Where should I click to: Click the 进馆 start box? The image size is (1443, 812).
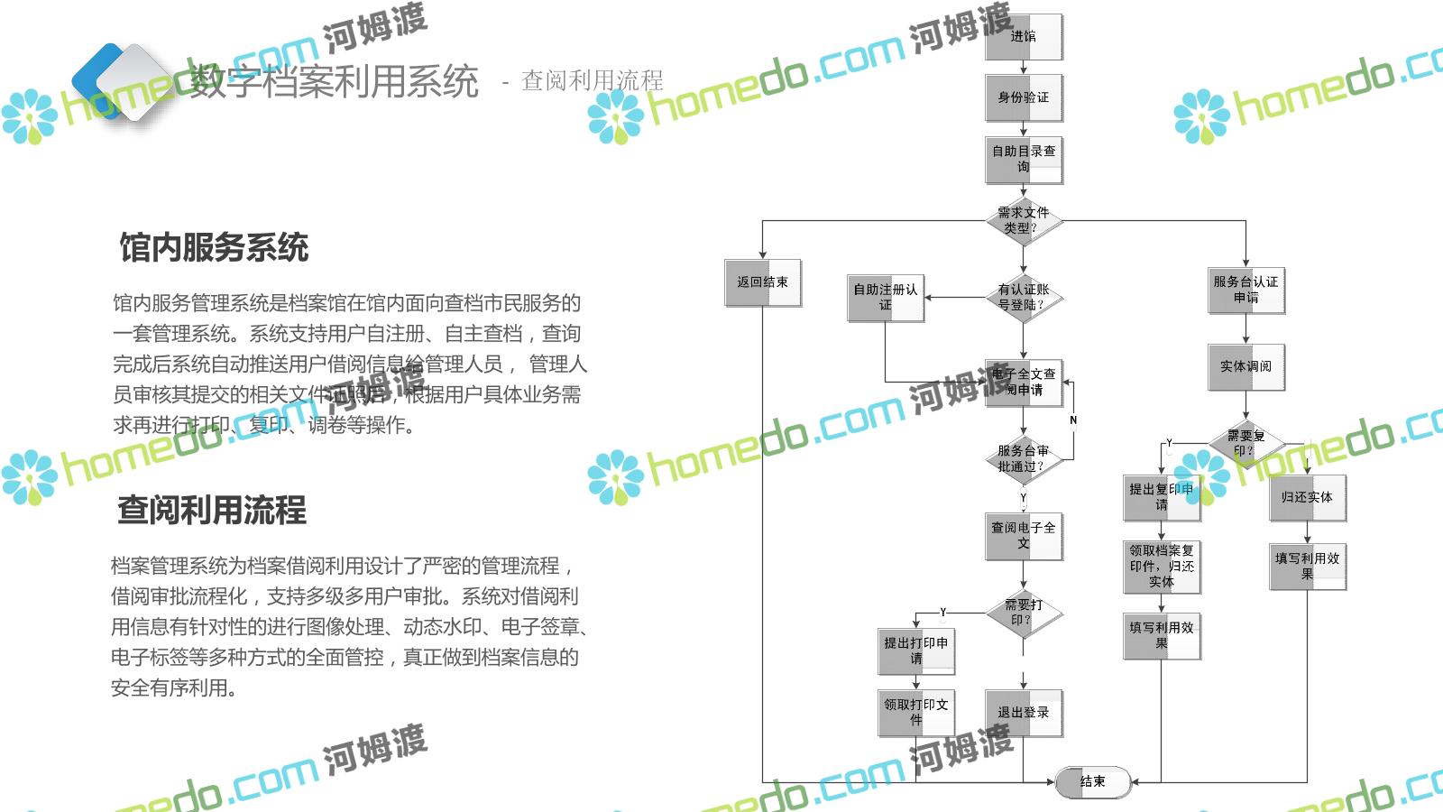(1024, 37)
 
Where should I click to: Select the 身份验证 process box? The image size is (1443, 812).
(1024, 97)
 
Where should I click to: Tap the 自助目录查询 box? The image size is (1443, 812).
(1024, 159)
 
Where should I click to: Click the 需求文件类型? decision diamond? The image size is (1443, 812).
(1024, 220)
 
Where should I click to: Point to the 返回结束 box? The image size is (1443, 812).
(763, 282)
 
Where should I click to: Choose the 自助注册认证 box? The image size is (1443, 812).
(886, 298)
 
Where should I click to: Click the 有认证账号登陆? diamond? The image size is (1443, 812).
(1024, 297)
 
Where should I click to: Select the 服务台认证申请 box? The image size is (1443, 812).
(1246, 290)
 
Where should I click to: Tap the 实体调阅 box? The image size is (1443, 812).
(1246, 366)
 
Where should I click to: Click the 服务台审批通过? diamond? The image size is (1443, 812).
(1024, 458)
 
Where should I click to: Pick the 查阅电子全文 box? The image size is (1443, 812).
(1024, 536)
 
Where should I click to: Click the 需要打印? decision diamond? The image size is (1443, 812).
(1024, 613)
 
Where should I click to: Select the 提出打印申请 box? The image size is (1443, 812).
(916, 651)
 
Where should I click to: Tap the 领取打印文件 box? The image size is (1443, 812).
(916, 712)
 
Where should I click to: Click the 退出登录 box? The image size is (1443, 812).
(1024, 712)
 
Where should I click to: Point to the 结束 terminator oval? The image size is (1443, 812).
(1093, 781)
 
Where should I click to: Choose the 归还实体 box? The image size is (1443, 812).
(1307, 497)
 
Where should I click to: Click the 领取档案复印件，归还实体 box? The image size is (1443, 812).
(1162, 566)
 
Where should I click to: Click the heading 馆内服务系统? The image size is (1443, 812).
(214, 247)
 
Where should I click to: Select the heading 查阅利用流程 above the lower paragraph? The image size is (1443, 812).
(212, 510)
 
